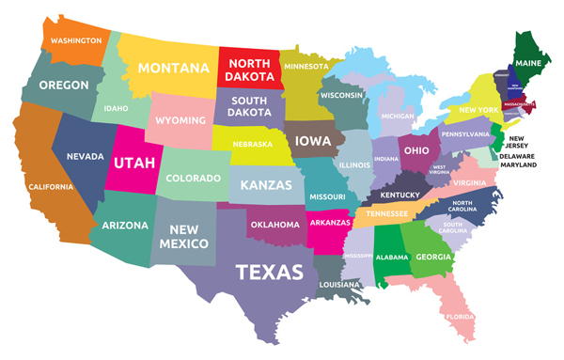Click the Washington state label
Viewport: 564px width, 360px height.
(76, 41)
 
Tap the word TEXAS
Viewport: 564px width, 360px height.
(269, 273)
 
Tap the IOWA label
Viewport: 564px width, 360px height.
(312, 143)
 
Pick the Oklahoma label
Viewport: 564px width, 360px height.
(275, 225)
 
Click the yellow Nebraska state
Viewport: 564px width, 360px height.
(253, 145)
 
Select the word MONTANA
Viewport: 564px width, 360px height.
(174, 68)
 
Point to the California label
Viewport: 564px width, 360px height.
(50, 186)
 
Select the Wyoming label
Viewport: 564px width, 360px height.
(179, 120)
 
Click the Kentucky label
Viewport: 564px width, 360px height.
(400, 195)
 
